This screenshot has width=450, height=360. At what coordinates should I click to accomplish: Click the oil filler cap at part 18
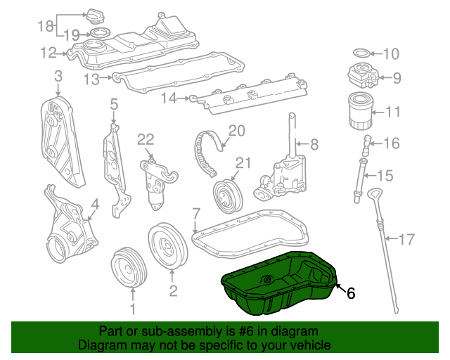coord(96,16)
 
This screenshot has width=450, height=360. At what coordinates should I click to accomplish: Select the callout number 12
coord(49,53)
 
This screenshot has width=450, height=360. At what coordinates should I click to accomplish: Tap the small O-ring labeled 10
coord(361,53)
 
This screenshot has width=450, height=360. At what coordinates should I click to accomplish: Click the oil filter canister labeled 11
coord(361,110)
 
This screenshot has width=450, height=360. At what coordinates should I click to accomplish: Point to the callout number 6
coord(351,292)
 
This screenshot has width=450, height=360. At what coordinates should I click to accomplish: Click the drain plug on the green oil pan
coord(267,279)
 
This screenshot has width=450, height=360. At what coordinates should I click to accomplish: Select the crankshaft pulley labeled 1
coord(129,267)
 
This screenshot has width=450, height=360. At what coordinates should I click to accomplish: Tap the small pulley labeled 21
coord(228,197)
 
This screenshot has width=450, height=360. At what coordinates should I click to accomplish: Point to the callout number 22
coord(146,140)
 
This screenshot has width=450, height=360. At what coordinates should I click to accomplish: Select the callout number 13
coord(91,79)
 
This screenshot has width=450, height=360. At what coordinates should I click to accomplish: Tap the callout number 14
coord(169,98)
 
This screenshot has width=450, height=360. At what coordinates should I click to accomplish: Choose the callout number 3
coord(58,77)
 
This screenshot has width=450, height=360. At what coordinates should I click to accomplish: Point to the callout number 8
coord(314,144)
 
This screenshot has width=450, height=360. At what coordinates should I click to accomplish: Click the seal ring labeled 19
coord(100,32)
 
